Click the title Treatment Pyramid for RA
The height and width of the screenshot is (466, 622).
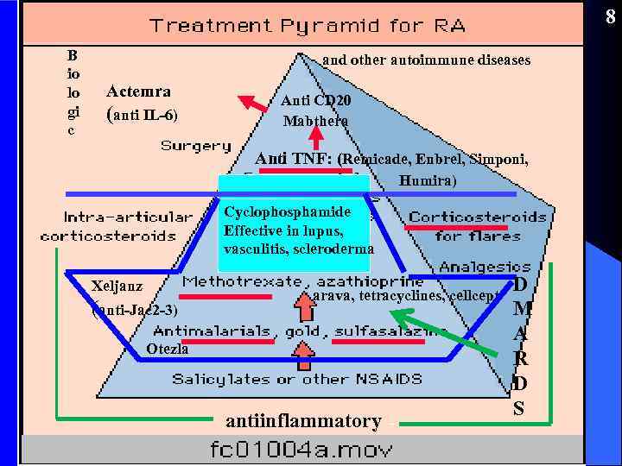point(308,25)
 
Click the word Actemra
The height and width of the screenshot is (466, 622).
point(138,91)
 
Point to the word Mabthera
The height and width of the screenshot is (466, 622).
point(315,121)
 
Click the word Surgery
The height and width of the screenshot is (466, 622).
point(196,146)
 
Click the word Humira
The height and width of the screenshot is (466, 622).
point(427,181)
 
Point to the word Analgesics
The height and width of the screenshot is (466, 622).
point(485,267)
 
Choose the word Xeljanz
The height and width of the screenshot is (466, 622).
point(117,286)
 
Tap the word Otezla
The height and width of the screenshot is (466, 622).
point(167,349)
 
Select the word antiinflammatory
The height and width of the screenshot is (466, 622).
point(303,421)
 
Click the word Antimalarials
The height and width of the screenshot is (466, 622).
point(211,331)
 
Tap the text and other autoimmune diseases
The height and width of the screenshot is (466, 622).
point(426,60)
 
